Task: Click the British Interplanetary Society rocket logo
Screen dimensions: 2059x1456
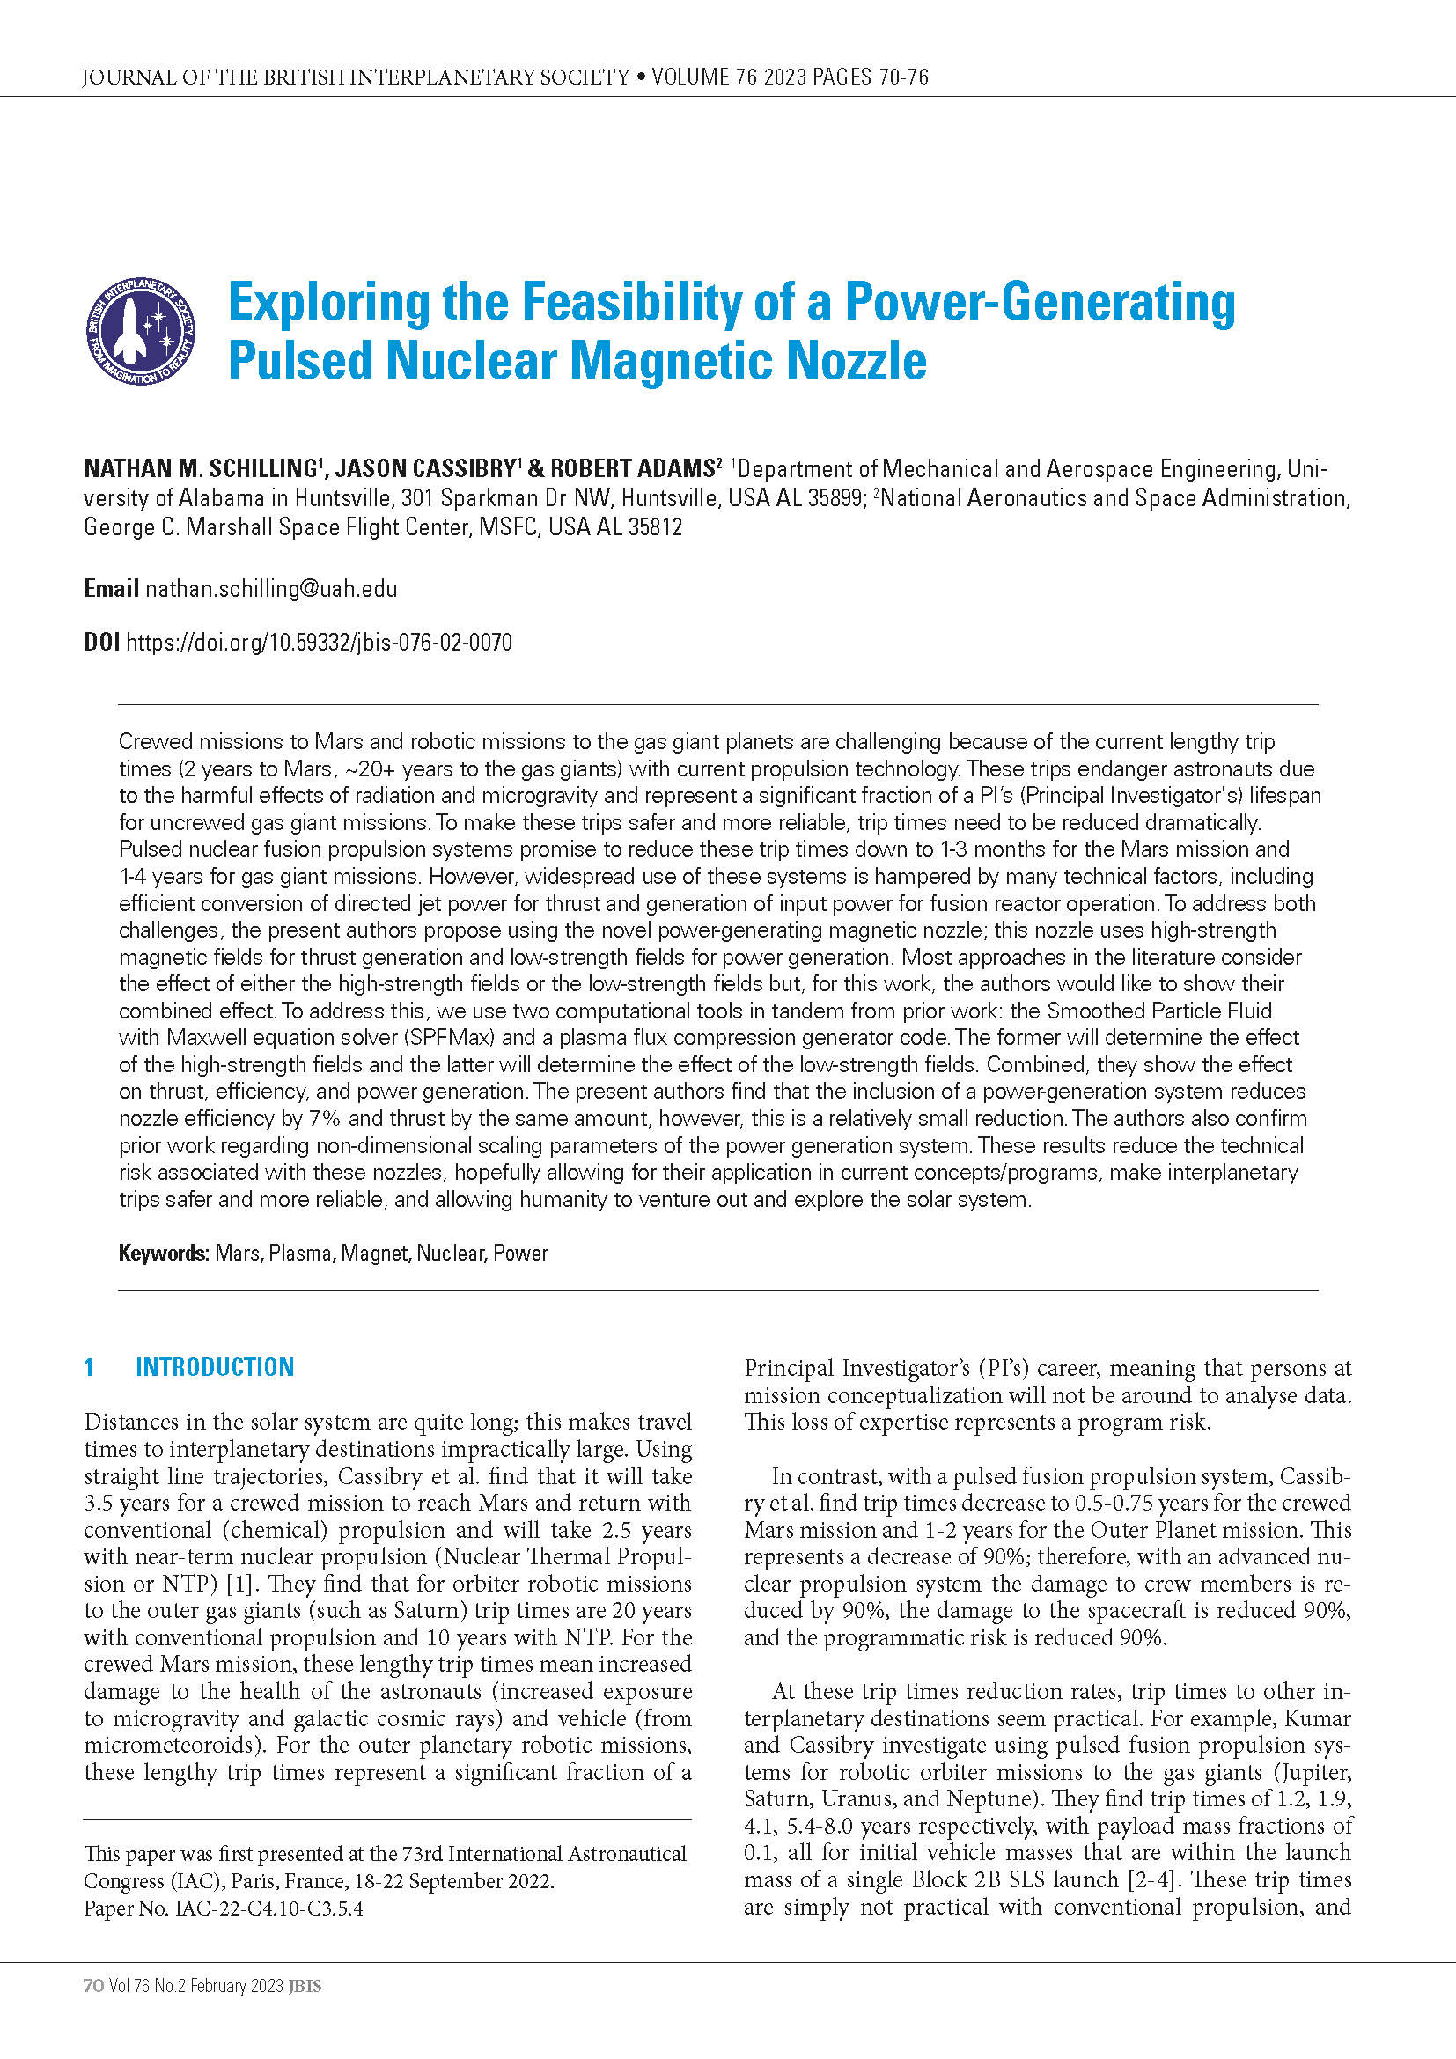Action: pos(140,331)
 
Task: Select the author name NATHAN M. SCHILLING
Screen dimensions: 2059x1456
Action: pos(200,468)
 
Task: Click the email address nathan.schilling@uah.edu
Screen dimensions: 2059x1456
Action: pos(271,589)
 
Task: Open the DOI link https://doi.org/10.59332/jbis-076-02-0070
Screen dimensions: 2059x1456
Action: pos(320,642)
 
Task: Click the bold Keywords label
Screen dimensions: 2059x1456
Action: pos(164,1253)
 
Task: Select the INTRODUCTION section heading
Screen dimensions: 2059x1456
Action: pos(214,1367)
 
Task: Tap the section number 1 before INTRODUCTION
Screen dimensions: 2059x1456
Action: pos(90,1367)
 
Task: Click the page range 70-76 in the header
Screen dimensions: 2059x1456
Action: pos(904,77)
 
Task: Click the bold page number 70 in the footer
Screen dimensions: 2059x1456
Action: pos(93,1986)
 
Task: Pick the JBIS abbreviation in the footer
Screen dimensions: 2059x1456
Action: pos(305,1986)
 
